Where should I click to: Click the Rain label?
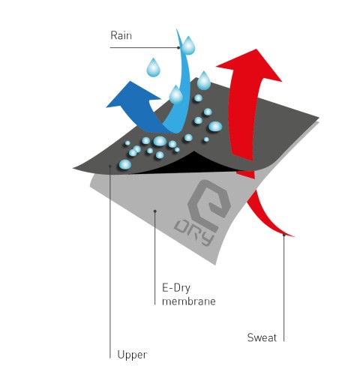coord(121,35)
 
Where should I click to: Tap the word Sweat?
coord(262,337)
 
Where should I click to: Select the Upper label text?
coord(132,355)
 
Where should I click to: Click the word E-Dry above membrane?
coord(176,288)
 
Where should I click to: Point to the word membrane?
coord(189,301)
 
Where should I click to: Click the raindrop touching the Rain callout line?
coord(188,45)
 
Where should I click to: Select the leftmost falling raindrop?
coord(153,67)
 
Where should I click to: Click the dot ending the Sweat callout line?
coord(283,235)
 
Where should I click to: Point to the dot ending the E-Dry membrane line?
coord(155,211)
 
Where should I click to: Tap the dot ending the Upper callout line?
coord(110,166)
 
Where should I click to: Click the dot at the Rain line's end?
coord(178,47)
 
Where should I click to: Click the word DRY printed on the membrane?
coord(194,233)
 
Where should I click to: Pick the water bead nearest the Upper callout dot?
coord(125,164)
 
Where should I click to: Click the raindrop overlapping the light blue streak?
coord(176,94)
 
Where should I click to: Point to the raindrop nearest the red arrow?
coord(204,80)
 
